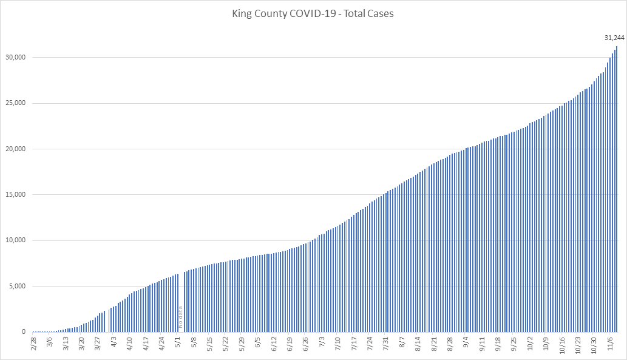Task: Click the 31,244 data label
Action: coord(614,38)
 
